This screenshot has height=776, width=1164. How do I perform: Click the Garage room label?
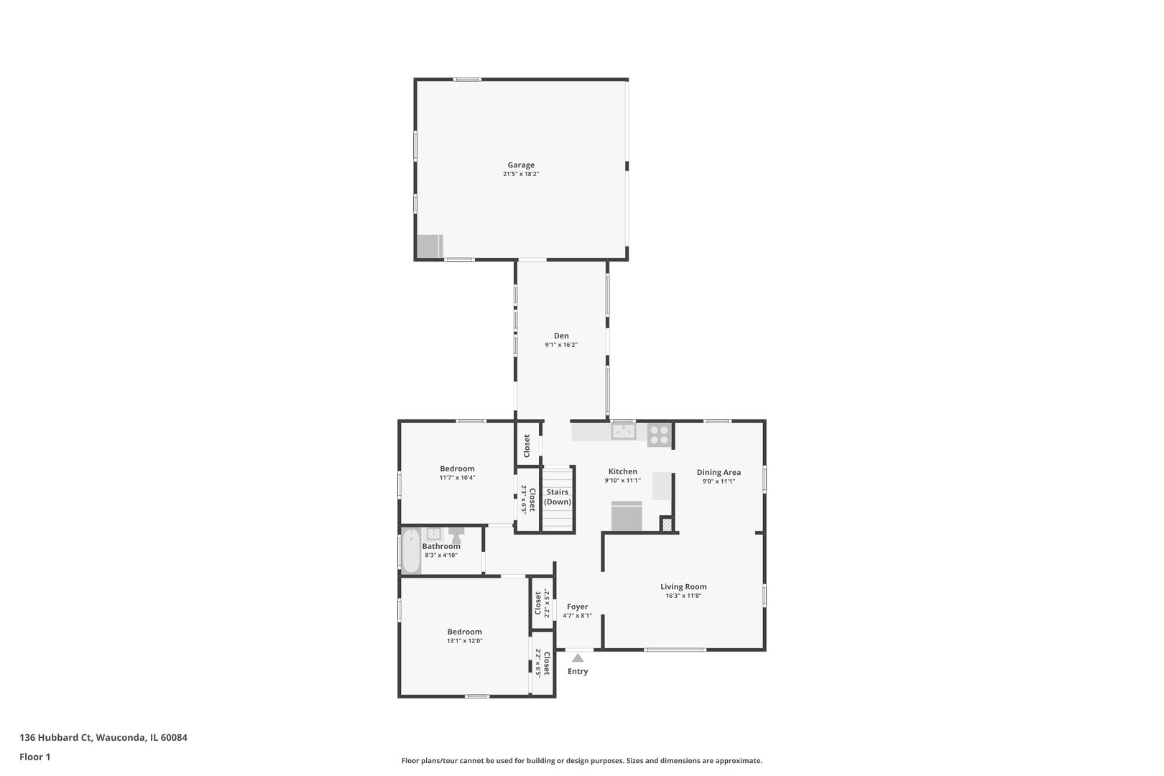pyautogui.click(x=521, y=165)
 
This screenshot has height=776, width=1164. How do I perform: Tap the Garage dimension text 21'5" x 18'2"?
pyautogui.click(x=521, y=175)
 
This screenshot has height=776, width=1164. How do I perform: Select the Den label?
pyautogui.click(x=561, y=336)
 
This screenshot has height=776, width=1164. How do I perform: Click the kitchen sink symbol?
pyautogui.click(x=623, y=431)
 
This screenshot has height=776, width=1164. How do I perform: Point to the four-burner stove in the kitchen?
pyautogui.click(x=659, y=435)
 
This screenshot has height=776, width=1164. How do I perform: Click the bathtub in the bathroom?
pyautogui.click(x=410, y=551)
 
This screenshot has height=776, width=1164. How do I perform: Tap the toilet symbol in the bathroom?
pyautogui.click(x=456, y=535)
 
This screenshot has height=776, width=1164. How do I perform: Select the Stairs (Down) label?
pyautogui.click(x=558, y=496)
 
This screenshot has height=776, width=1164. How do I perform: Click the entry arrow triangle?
pyautogui.click(x=578, y=657)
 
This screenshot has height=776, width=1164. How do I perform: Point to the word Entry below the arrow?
pyautogui.click(x=578, y=672)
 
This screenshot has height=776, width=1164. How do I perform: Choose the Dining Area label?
pyautogui.click(x=719, y=473)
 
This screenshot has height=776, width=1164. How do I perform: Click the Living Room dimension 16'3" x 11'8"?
pyautogui.click(x=683, y=596)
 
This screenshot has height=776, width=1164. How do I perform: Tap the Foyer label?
pyautogui.click(x=577, y=607)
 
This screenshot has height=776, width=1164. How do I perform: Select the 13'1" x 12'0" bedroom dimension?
pyautogui.click(x=464, y=641)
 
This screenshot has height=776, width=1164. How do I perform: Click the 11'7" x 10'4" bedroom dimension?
pyautogui.click(x=457, y=478)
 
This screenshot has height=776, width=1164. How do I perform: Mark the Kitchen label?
pyautogui.click(x=622, y=472)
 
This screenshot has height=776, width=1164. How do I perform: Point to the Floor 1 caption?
pyautogui.click(x=34, y=757)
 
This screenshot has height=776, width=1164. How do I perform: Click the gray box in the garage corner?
pyautogui.click(x=430, y=246)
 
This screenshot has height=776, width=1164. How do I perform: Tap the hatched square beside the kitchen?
pyautogui.click(x=667, y=525)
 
